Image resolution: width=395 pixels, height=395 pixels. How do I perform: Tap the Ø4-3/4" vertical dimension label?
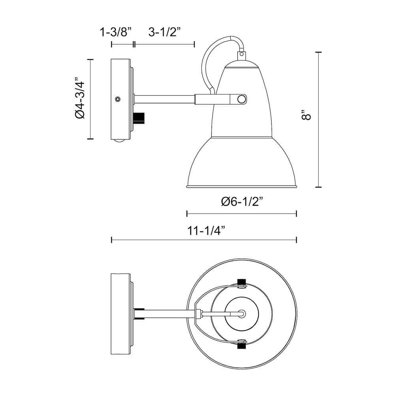pyautogui.click(x=79, y=99)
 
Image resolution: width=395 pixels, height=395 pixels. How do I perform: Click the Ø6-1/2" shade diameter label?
pyautogui.click(x=242, y=202)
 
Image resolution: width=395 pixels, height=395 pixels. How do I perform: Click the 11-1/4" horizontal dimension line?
pyautogui.click(x=204, y=240)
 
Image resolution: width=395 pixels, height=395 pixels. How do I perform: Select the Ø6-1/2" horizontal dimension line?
pyautogui.click(x=241, y=214)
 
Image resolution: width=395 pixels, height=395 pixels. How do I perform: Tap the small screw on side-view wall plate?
pyautogui.click(x=117, y=99)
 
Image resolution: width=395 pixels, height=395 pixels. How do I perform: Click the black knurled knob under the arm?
pyautogui.click(x=140, y=117)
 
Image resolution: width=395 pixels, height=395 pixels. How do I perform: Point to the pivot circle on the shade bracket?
pyautogui.click(x=241, y=99)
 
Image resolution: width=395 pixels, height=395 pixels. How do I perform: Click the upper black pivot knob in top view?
pyautogui.click(x=241, y=282)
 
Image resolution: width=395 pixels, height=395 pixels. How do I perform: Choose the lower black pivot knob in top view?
pyautogui.click(x=241, y=346)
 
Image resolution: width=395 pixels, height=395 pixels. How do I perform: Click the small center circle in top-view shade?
pyautogui.click(x=242, y=314)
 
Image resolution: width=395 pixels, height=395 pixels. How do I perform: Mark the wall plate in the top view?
pyautogui.click(x=121, y=314)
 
